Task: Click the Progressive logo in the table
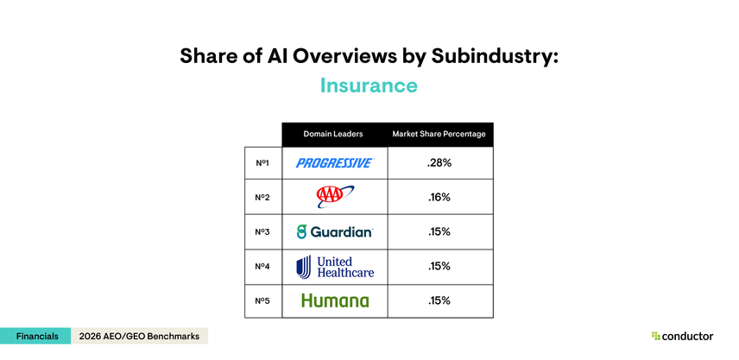(x=333, y=162)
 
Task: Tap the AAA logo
(x=330, y=197)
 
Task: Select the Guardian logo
(x=334, y=231)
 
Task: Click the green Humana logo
(x=334, y=300)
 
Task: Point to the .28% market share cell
(x=439, y=162)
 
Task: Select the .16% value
(x=439, y=197)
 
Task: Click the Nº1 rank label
(x=262, y=162)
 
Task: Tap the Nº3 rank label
(x=262, y=231)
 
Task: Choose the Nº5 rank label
(x=262, y=300)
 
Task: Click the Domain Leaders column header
(x=333, y=134)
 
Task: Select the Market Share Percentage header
(x=439, y=134)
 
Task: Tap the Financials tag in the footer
(x=36, y=336)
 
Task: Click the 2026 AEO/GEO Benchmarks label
(x=139, y=336)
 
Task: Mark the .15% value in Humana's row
(x=439, y=300)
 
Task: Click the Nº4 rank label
(x=262, y=266)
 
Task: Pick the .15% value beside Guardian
(x=439, y=231)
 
